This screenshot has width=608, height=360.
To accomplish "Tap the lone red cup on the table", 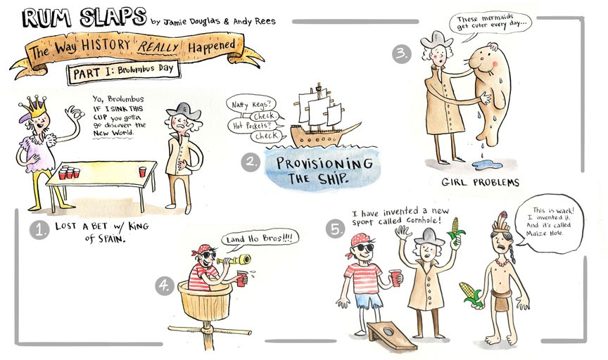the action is [x=142, y=172].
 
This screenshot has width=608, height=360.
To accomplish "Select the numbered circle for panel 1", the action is [x=39, y=230].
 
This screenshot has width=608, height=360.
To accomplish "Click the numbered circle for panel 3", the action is [x=402, y=54].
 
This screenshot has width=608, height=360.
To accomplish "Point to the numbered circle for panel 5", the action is [x=336, y=229].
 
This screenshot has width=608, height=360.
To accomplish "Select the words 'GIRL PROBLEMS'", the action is [x=480, y=182].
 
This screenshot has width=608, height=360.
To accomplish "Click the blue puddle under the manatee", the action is [x=487, y=165].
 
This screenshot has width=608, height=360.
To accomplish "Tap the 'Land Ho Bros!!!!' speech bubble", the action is [x=260, y=238].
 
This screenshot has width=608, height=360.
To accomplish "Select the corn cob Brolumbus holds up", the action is [x=457, y=229].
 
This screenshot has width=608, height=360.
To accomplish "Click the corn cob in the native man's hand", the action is [x=470, y=293].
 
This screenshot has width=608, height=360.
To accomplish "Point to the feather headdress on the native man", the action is [x=501, y=224].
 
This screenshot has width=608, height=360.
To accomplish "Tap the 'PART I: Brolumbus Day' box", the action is [x=123, y=72].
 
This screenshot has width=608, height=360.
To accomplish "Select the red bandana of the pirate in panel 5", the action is [x=360, y=241].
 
